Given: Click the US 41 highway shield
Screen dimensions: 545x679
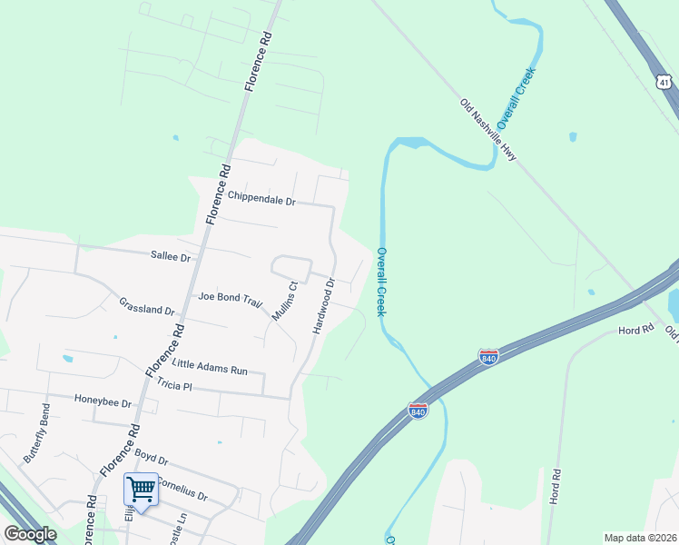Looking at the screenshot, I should point(665,83).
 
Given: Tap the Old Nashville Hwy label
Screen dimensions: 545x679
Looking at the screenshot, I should point(488,131).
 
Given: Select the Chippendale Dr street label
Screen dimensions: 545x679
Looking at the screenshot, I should point(262,197).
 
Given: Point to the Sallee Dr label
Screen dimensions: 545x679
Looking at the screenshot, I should point(172,257).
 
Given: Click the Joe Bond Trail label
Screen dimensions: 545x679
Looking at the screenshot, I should point(230,297).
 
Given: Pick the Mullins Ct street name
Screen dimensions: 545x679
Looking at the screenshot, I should point(285,302).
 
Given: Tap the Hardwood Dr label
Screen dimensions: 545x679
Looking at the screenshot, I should point(324,306).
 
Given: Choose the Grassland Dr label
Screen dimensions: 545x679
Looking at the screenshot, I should point(146,305).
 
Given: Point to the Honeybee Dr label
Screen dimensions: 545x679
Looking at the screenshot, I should point(103,401).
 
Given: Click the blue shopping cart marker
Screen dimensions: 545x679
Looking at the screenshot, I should point(141,490).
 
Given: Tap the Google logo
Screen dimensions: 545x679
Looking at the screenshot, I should point(31,534).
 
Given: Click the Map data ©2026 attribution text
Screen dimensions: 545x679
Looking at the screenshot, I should point(640,538).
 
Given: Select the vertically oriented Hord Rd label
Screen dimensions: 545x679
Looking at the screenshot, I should point(556,488).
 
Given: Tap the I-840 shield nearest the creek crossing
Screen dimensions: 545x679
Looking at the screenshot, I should point(418,411).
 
